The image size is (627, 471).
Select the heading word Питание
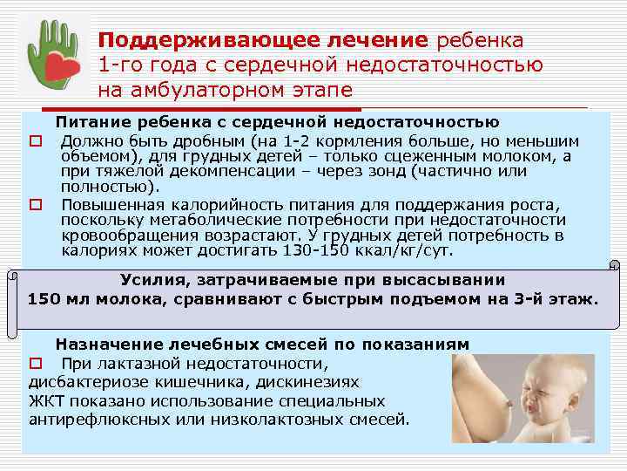point(88,121)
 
